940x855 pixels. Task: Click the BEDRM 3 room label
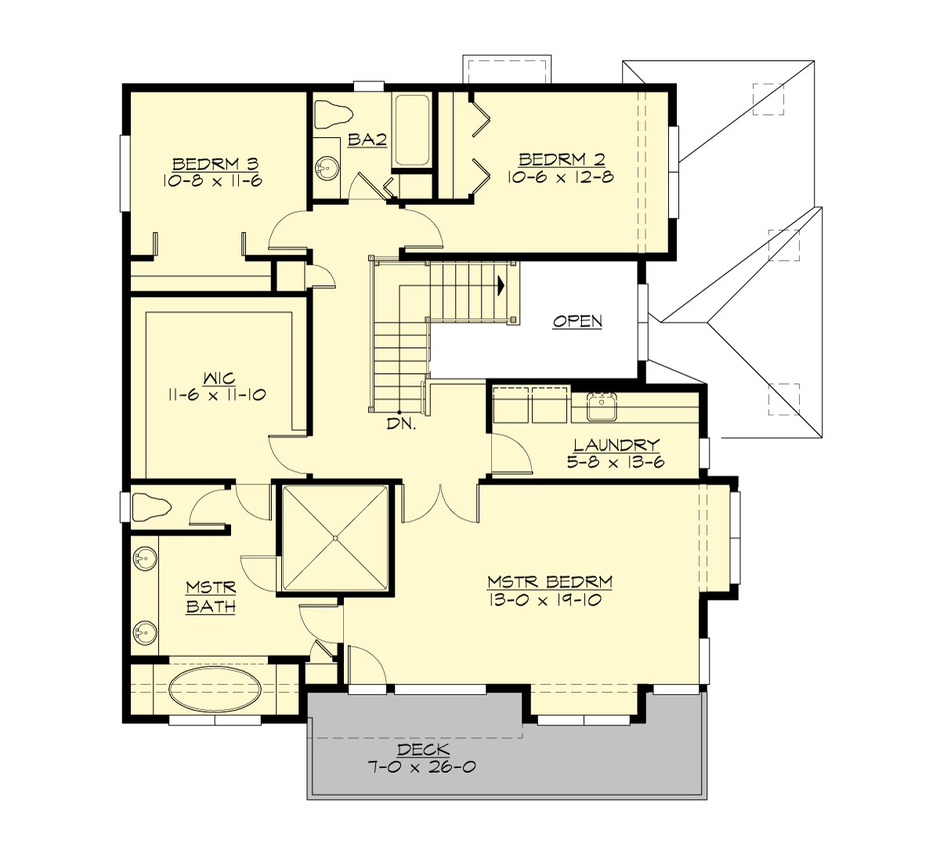[x=215, y=164]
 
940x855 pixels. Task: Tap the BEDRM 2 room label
[x=561, y=160]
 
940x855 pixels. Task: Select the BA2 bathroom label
[x=367, y=139]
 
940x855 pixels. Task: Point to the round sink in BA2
[x=326, y=167]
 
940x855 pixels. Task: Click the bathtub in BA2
[x=411, y=129]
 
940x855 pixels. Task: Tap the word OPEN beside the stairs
[x=577, y=321]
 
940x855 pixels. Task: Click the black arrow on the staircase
[x=499, y=286]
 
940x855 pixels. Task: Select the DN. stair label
[x=400, y=425]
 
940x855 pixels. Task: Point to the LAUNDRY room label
[x=616, y=445]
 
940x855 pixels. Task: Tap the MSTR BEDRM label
[x=549, y=582]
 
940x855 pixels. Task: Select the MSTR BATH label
[x=211, y=596]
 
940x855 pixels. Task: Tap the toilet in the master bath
[x=151, y=507]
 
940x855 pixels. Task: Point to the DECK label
[x=424, y=750]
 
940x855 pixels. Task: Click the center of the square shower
[x=334, y=538]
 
